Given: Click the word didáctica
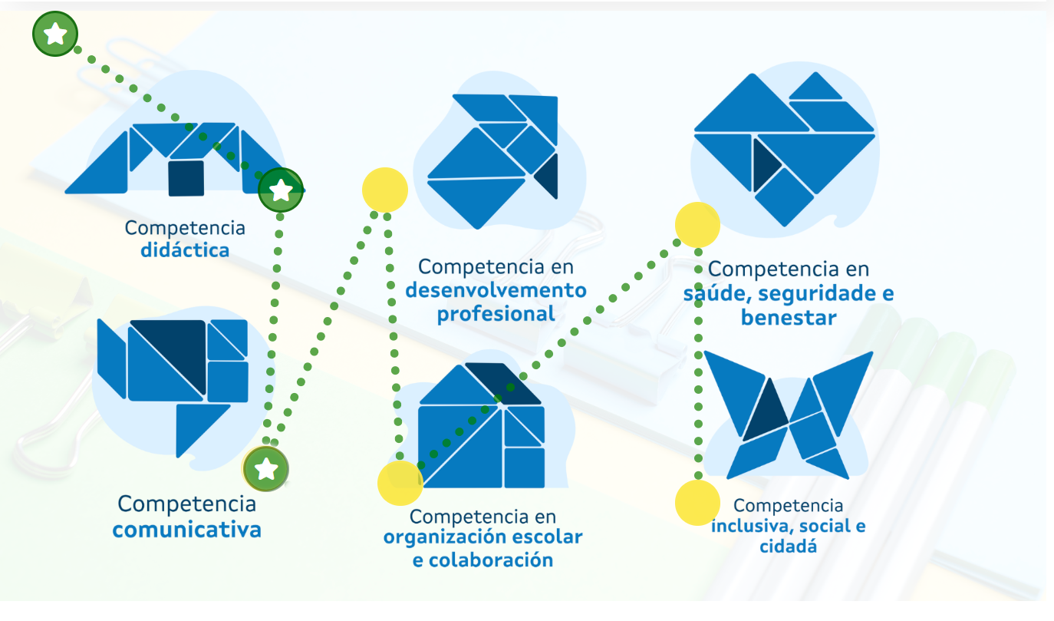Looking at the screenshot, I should click(x=184, y=250).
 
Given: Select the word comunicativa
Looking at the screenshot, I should click(x=186, y=530).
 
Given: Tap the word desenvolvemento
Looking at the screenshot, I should click(x=496, y=291).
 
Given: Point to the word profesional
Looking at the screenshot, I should click(x=496, y=315).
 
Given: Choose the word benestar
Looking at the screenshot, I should click(x=788, y=318).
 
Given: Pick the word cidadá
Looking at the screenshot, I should click(x=788, y=547).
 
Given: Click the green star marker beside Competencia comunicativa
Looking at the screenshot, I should click(x=265, y=468).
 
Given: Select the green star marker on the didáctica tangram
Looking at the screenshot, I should click(x=281, y=190).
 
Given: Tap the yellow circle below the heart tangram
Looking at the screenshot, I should click(x=697, y=225).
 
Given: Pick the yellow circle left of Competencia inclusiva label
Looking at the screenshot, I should click(x=697, y=503).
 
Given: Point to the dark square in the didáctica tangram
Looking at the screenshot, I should click(x=186, y=178).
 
